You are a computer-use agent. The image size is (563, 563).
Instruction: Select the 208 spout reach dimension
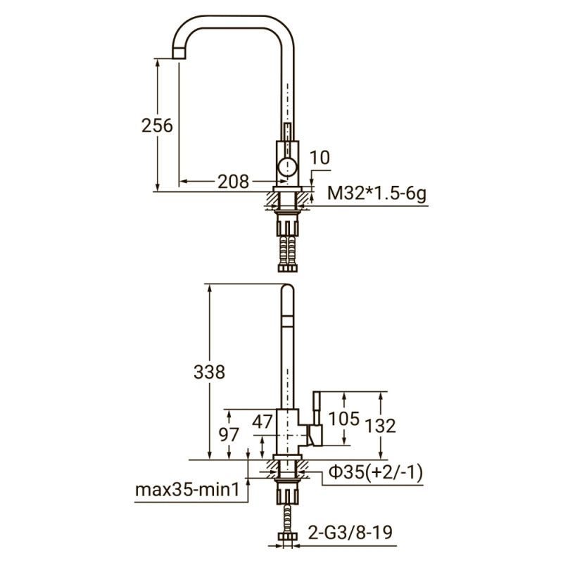pyautogui.click(x=233, y=182)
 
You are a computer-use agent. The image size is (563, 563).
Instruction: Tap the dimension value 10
pyautogui.click(x=320, y=158)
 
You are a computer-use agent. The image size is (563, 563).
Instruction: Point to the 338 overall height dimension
pyautogui.click(x=209, y=371)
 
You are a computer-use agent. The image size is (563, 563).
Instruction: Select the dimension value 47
pyautogui.click(x=262, y=422)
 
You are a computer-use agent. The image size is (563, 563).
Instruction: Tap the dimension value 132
pyautogui.click(x=381, y=425)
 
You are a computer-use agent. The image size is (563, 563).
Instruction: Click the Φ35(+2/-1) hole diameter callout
pyautogui.click(x=373, y=473)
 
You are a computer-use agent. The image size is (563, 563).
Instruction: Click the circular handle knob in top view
pyautogui.click(x=287, y=167)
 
